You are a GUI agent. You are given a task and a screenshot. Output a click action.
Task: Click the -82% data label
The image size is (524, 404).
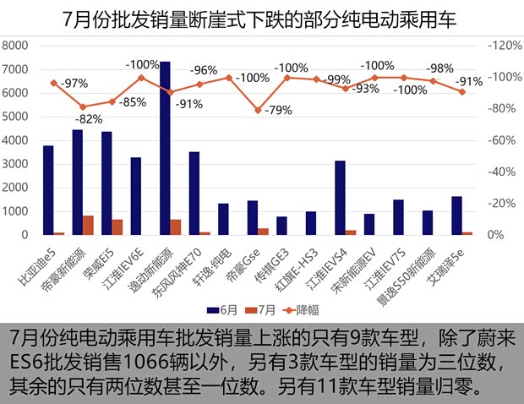click(90, 119)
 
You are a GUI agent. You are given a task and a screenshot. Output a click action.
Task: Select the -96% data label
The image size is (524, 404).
click(205, 70)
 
